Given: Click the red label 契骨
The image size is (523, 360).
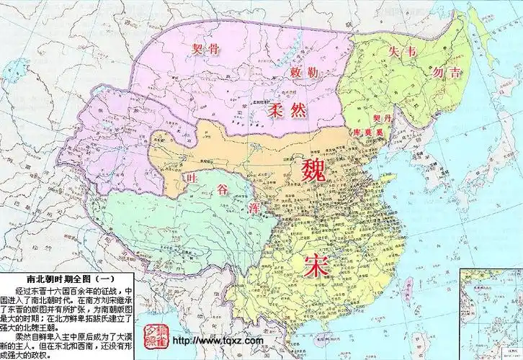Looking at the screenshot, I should [205, 50].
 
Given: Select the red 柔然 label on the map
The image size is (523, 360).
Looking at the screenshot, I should [268, 111].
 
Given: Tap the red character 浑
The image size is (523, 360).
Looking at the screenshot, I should [254, 208].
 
